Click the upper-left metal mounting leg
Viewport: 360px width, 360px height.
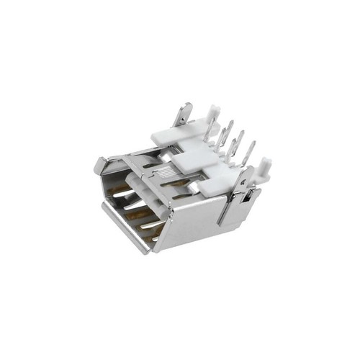tap(184, 115)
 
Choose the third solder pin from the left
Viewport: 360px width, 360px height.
tap(238, 141)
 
